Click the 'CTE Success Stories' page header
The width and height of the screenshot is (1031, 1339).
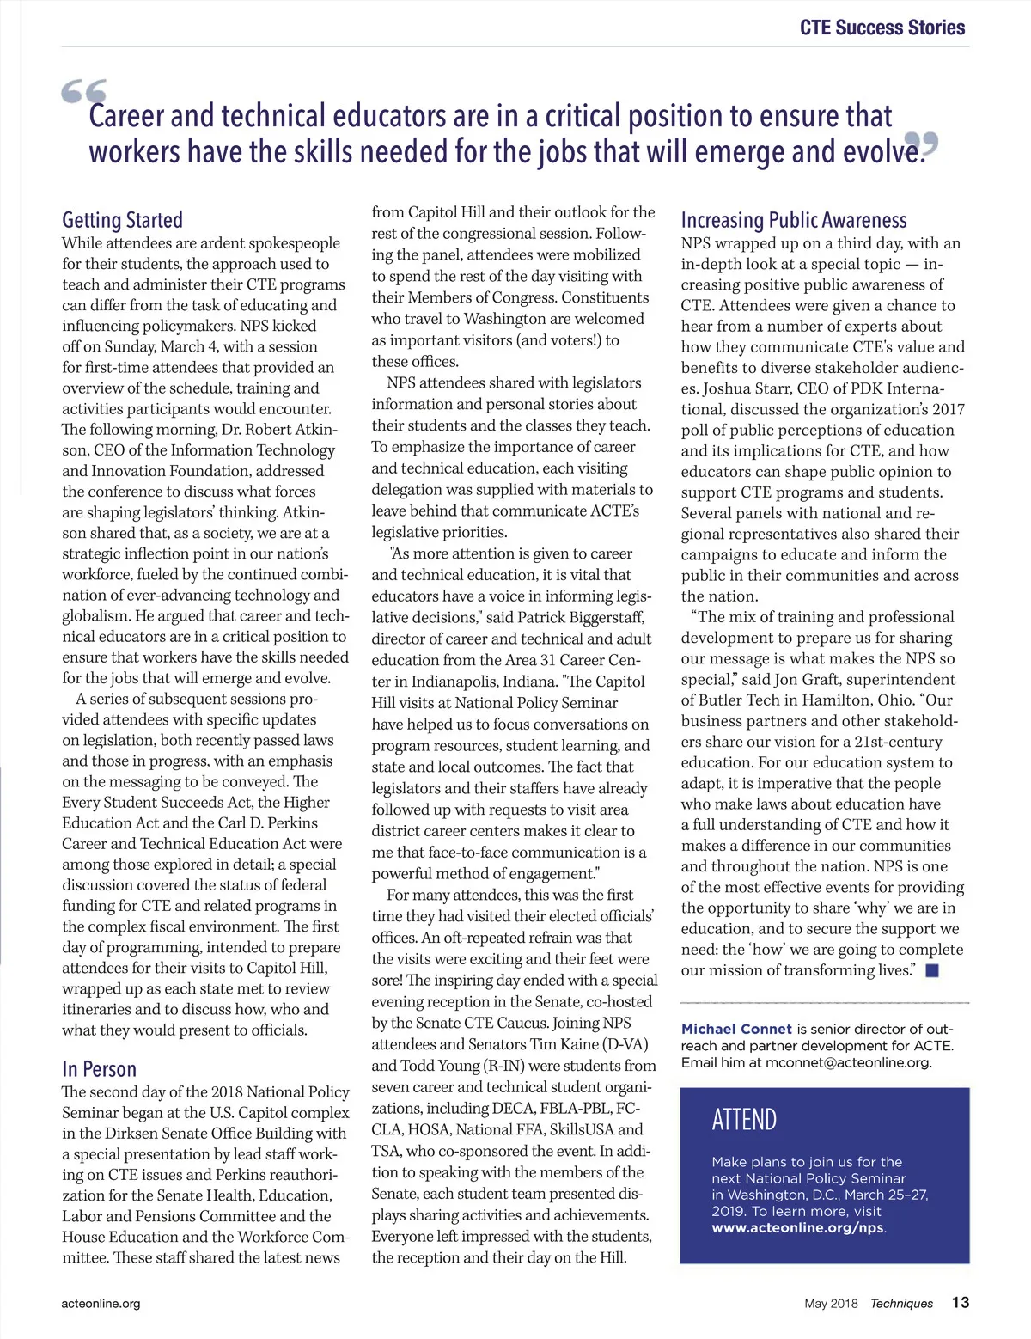click(x=882, y=28)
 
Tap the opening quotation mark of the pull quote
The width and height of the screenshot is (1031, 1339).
click(x=83, y=92)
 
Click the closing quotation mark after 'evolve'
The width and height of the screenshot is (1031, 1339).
click(x=921, y=144)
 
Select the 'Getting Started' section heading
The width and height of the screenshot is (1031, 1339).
click(x=122, y=220)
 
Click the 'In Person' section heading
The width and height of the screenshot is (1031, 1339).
click(x=99, y=1069)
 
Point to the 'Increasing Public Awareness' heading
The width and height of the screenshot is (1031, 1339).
click(x=794, y=221)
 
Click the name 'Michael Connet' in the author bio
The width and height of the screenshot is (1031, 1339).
click(x=736, y=1029)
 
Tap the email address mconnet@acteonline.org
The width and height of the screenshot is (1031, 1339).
click(x=847, y=1062)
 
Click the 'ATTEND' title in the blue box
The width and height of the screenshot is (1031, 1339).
click(x=744, y=1120)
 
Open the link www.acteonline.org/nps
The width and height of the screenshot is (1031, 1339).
click(x=797, y=1227)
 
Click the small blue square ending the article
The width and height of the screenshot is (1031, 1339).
click(x=932, y=970)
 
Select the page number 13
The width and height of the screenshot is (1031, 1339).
click(x=960, y=1303)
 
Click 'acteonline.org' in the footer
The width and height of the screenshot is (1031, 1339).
click(x=101, y=1304)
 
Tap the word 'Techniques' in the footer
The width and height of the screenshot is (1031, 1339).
click(x=901, y=1304)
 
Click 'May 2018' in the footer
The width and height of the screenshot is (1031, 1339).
click(x=831, y=1304)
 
